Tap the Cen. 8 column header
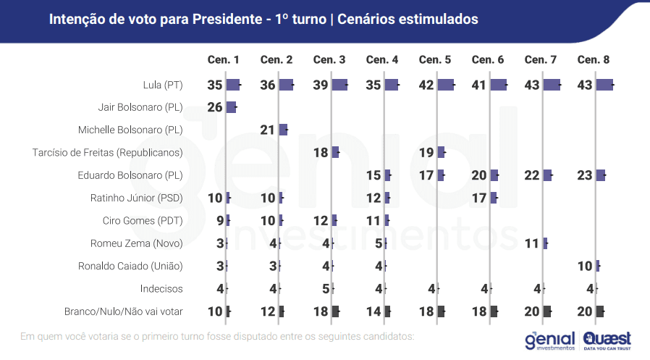pos(594,59)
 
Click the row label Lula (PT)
pos(163,85)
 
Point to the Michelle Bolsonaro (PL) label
pos(130,130)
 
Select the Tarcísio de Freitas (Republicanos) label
pos(108,152)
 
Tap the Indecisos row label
pos(161,288)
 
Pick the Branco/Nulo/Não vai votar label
pos(123,311)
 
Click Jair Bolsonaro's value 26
pos(214,107)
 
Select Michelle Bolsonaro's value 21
pos(267,130)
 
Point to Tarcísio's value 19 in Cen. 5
pos(426,152)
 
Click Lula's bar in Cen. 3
pos(339,85)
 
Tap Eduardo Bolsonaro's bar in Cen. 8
pos(600,175)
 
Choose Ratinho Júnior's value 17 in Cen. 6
pos(478,198)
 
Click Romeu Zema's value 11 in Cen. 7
pos(532,243)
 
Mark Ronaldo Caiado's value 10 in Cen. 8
pos(585,266)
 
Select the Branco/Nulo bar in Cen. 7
pos(547,311)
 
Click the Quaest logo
pos(607,339)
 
